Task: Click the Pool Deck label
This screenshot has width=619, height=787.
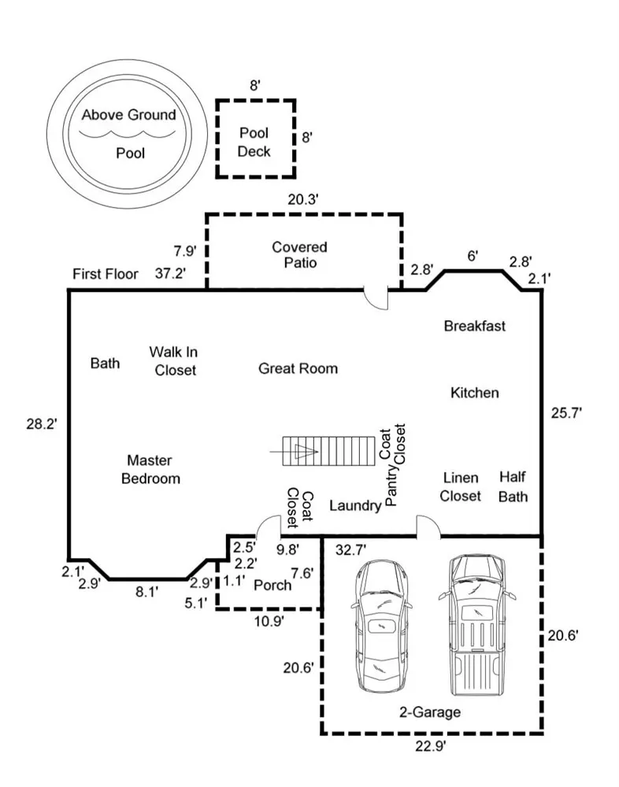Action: click(254, 142)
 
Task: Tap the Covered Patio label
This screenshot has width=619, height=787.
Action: click(299, 254)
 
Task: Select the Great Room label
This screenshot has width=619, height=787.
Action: click(298, 369)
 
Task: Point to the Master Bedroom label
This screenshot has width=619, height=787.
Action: click(150, 469)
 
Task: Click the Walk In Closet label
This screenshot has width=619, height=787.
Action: click(174, 361)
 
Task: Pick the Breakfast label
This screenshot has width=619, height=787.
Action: click(475, 326)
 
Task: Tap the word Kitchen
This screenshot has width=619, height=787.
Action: click(475, 393)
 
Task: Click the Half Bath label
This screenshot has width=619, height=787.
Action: click(513, 486)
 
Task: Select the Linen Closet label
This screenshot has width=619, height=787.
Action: click(460, 487)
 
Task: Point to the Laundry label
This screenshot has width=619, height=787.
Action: click(355, 505)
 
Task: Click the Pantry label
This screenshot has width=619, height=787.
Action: click(391, 486)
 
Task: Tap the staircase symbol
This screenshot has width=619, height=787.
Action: click(328, 451)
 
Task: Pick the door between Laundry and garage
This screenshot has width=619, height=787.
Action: click(428, 527)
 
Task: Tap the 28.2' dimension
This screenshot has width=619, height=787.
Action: click(43, 425)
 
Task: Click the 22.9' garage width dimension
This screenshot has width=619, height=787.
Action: click(431, 746)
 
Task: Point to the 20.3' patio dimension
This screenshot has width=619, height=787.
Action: click(303, 200)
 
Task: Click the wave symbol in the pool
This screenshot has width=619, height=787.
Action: click(128, 134)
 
